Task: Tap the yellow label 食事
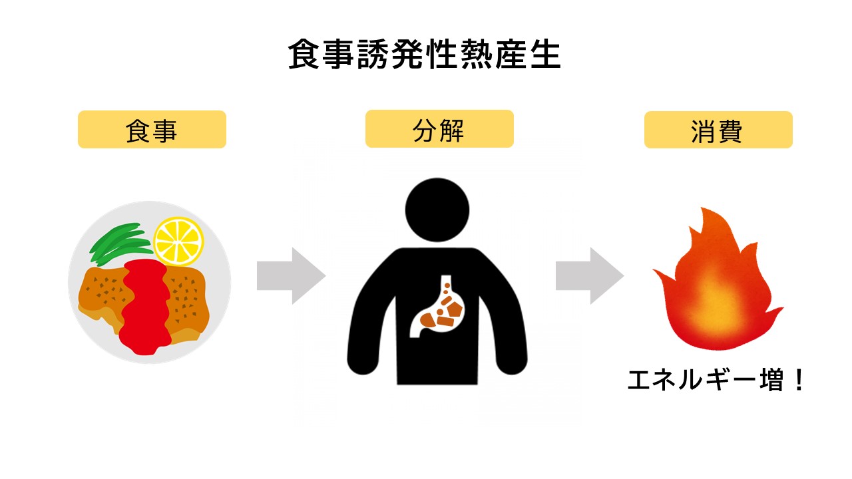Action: pyautogui.click(x=152, y=130)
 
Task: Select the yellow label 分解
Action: pyautogui.click(x=439, y=129)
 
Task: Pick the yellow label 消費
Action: pyautogui.click(x=718, y=130)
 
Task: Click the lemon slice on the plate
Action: pyautogui.click(x=178, y=241)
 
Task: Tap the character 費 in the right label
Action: pyautogui.click(x=730, y=130)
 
